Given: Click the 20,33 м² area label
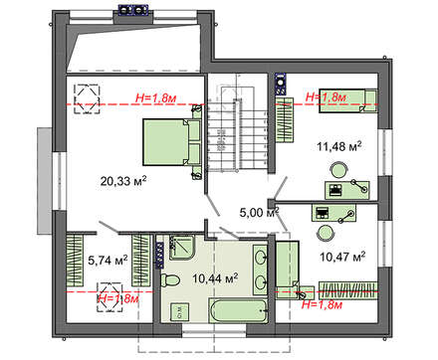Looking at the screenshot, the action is tap(123, 181).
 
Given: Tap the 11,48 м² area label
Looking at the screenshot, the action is tap(339, 146).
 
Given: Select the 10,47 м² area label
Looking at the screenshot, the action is tap(342, 257).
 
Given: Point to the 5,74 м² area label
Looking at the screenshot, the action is tap(108, 261).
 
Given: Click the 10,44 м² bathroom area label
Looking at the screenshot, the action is tap(215, 278).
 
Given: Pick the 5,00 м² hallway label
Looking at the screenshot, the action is tap(259, 212).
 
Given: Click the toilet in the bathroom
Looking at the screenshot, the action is tap(170, 280).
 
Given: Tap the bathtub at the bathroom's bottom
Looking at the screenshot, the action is tap(238, 310).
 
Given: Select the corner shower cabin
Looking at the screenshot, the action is tap(181, 248).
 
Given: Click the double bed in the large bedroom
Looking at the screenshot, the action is tap(172, 142).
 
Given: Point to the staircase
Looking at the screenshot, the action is tap(238, 135).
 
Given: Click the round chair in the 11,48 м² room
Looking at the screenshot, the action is tap(338, 170).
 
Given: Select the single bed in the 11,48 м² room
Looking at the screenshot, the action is tap(348, 100).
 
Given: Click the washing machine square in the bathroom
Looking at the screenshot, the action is tap(179, 311).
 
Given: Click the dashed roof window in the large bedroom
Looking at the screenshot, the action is tap(87, 99).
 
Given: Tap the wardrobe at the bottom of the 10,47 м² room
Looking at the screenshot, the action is tap(348, 290).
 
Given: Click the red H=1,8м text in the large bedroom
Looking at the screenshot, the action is tap(156, 97).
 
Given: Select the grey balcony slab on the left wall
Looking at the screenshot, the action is tap(44, 181).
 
